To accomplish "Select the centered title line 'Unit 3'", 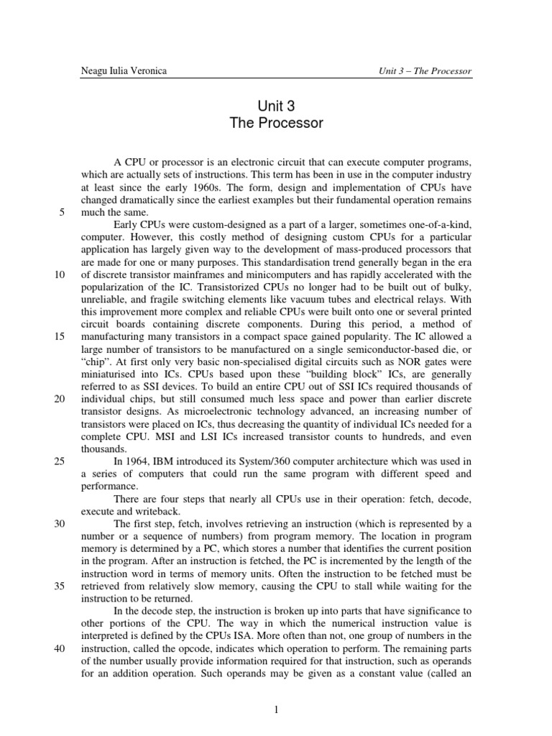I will point(276,106).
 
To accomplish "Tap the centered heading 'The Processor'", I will point(276,123).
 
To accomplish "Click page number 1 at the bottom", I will point(276,710).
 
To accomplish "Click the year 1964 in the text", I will point(139,461).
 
